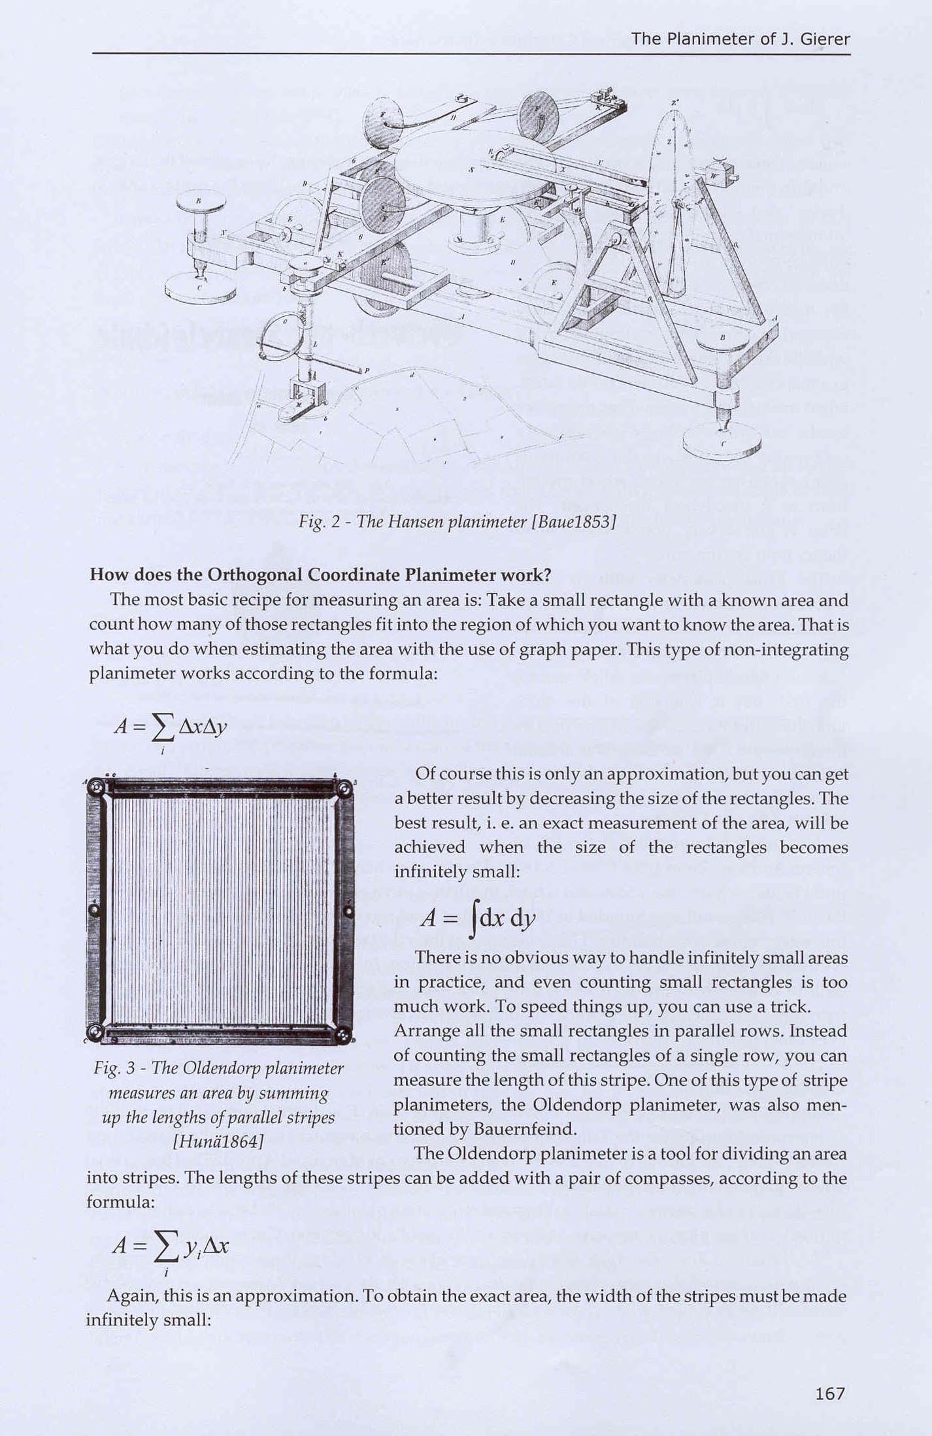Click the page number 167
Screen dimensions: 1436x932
tap(830, 1394)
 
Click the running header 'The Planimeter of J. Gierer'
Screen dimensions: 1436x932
tap(740, 39)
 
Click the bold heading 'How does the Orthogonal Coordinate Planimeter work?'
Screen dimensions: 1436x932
tap(320, 575)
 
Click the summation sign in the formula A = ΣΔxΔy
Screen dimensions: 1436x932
tap(163, 728)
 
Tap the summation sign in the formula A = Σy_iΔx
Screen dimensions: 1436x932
tap(166, 1247)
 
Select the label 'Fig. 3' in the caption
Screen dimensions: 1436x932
tap(114, 1068)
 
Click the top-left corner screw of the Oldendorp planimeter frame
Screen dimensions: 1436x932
tap(97, 789)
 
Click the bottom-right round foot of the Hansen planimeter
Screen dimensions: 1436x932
tap(721, 445)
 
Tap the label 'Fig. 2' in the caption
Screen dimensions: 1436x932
tap(318, 522)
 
